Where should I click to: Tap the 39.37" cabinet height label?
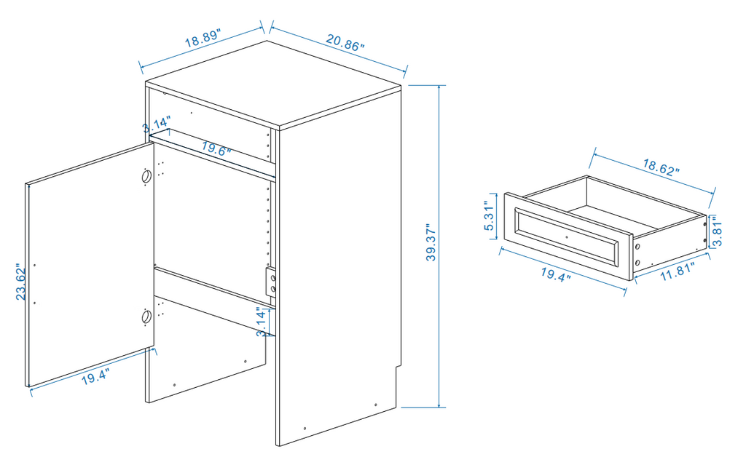coord(431,243)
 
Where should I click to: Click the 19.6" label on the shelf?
coord(216,151)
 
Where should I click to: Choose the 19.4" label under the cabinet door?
coord(95,377)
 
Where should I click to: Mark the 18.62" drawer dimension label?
coord(661,168)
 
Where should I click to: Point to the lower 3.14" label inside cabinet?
coord(261,322)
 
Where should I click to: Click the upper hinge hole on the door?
coord(146,176)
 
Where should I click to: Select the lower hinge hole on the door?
coord(146,317)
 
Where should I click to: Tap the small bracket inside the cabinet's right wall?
coord(272,283)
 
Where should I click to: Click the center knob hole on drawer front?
coord(566,237)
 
